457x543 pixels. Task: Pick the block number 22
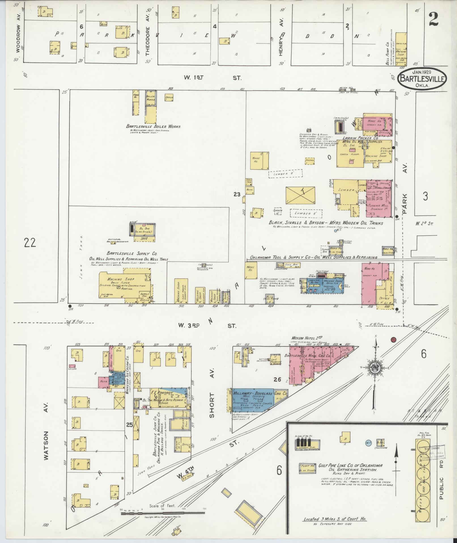pos(30,243)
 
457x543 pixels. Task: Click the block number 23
pos(237,194)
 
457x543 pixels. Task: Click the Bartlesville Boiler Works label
pos(153,126)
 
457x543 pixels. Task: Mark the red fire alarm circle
pos(393,340)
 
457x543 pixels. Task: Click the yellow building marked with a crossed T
pos(300,195)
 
